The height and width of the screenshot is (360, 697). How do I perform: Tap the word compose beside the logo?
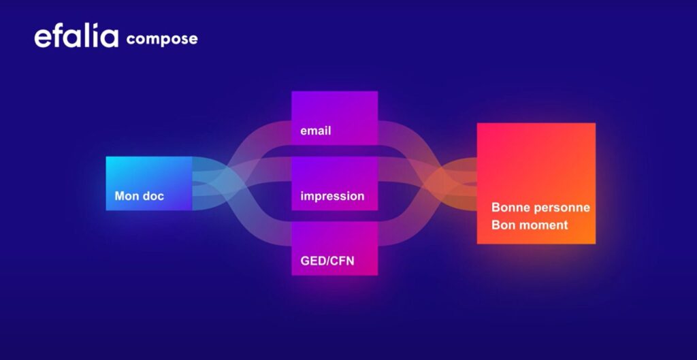click(162, 39)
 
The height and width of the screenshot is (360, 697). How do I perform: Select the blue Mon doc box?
click(149, 183)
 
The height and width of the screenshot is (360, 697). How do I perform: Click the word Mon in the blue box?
click(125, 195)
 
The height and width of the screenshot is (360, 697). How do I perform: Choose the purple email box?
click(335, 118)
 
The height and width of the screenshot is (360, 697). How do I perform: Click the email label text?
click(316, 131)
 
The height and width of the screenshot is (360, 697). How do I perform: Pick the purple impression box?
click(335, 183)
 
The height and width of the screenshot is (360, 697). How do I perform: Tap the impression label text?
click(332, 197)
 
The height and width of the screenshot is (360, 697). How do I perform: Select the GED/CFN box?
click(335, 248)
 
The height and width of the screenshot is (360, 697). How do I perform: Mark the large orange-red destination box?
click(536, 183)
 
